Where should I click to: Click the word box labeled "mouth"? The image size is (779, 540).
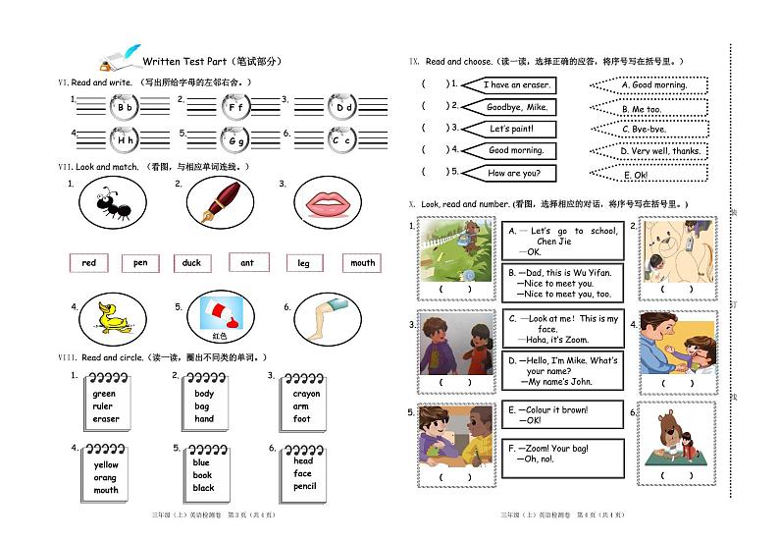[362, 262]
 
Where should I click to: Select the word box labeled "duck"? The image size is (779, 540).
[191, 262]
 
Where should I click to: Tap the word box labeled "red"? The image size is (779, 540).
[89, 262]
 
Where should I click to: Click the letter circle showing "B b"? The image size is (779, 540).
[125, 108]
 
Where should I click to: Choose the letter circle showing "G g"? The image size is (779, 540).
[236, 140]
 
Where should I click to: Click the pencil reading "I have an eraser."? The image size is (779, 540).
[515, 85]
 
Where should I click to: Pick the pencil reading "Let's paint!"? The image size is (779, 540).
[510, 129]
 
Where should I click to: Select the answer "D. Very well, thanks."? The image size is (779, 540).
[659, 151]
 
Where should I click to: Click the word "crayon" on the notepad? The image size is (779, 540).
[306, 394]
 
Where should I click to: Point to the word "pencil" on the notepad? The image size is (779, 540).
[304, 486]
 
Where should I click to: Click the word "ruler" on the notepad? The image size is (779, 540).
[103, 406]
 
